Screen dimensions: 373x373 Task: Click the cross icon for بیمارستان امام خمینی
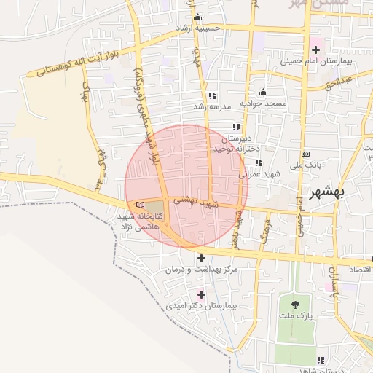point(315,50)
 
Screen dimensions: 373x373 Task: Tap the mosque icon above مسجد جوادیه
point(263,93)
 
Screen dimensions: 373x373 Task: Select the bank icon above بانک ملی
point(305,154)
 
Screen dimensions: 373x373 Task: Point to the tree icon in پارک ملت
point(295,305)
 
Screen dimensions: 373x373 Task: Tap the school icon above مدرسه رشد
point(212,95)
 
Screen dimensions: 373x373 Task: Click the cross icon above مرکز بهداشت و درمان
point(201,258)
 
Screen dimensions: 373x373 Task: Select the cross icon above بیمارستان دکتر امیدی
point(201,294)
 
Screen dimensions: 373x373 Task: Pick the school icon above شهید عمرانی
point(257,163)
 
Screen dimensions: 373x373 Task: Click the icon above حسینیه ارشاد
point(197,18)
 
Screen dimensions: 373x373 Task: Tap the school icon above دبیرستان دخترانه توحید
point(236,126)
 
